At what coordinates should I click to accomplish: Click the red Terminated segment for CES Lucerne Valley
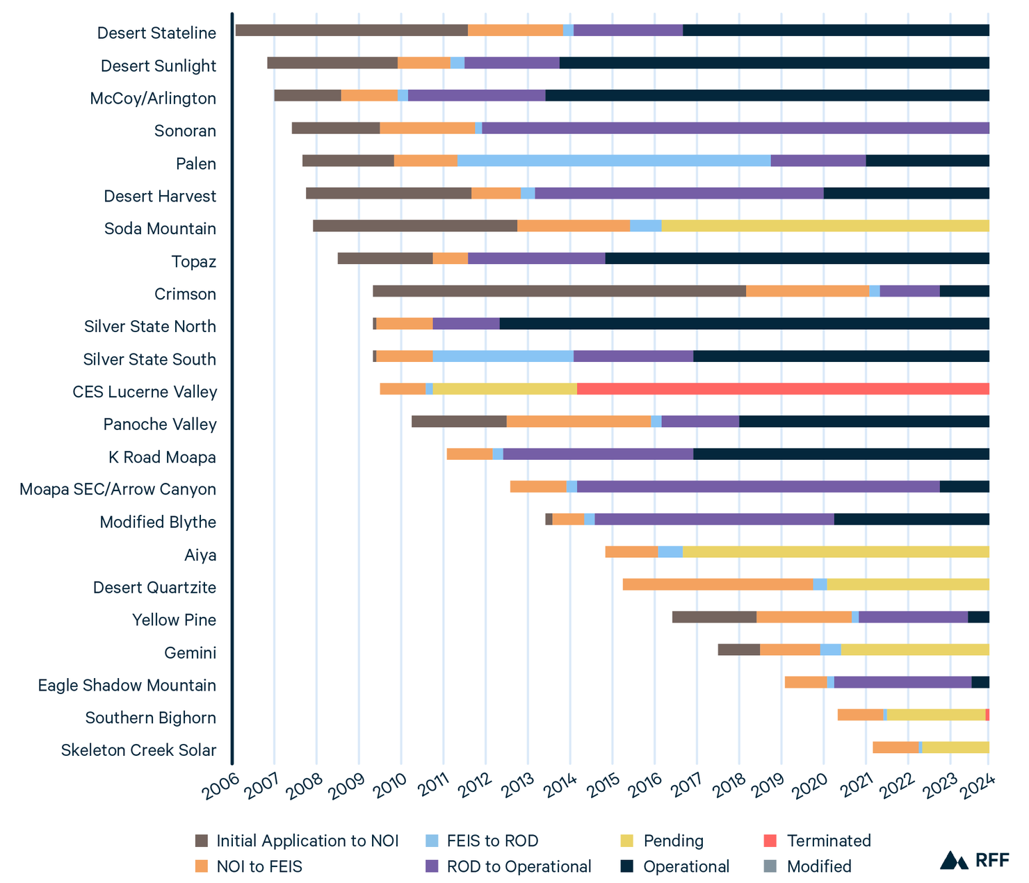[783, 389]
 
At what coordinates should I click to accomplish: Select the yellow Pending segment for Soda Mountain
[825, 226]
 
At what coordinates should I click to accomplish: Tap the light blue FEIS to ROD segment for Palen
[613, 160]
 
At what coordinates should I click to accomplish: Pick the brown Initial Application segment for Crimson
[559, 291]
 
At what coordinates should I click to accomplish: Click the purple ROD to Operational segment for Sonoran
[735, 128]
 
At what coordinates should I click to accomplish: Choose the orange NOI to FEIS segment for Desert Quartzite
[718, 584]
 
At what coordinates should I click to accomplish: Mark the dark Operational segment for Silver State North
[744, 324]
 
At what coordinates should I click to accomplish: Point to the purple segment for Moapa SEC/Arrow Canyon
[758, 486]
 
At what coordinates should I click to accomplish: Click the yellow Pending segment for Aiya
[835, 552]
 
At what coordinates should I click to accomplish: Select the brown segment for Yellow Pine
[714, 617]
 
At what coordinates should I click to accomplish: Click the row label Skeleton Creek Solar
[138, 750]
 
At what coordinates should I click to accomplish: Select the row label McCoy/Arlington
[153, 99]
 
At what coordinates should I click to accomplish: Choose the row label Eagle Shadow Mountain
[127, 686]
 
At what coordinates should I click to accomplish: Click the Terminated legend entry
[828, 841]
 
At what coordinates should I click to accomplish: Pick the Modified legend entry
[818, 867]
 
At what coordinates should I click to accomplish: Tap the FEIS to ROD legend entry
[492, 841]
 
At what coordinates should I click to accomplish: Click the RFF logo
[974, 860]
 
